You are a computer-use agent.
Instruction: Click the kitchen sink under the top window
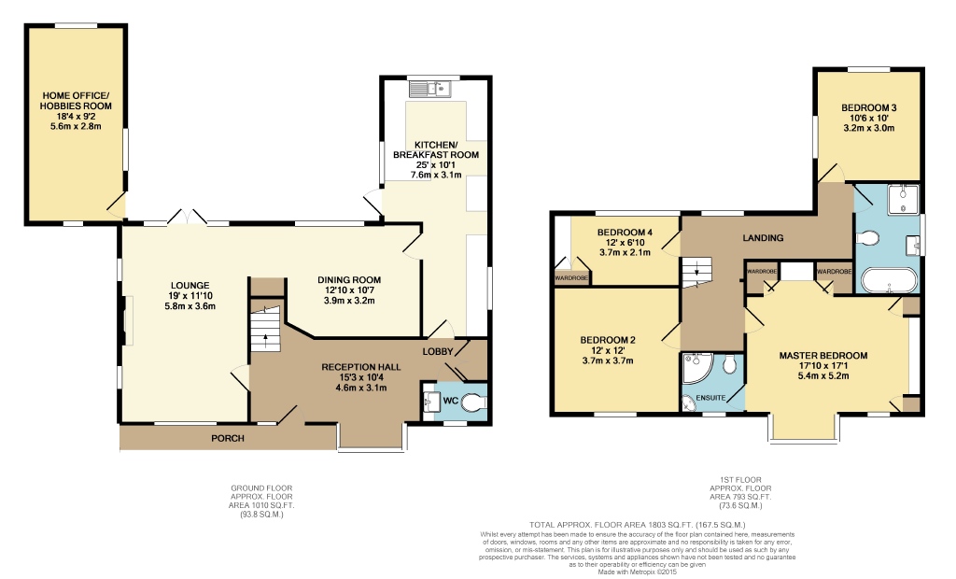coord(430,89)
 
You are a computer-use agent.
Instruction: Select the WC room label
coord(450,402)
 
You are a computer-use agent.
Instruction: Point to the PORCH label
coord(227,437)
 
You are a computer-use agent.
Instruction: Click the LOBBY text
coord(437,351)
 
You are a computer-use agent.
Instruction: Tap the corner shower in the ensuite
coord(695,371)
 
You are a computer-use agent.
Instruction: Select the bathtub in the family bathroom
coord(886,281)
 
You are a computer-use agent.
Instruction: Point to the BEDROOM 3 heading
coord(868,106)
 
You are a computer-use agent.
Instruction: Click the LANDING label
coord(764,238)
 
